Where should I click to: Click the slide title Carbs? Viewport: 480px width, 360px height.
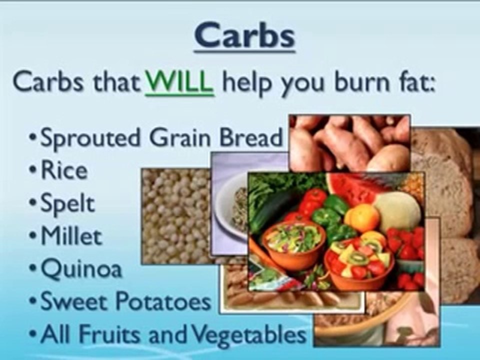[x=245, y=35]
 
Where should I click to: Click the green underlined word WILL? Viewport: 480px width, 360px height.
[x=179, y=82]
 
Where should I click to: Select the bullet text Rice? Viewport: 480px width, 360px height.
[x=63, y=171]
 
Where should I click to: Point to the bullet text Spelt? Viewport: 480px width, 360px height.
[x=67, y=204]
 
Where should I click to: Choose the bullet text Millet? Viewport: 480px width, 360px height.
[x=70, y=236]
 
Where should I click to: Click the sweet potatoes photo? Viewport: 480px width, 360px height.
[x=350, y=142]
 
